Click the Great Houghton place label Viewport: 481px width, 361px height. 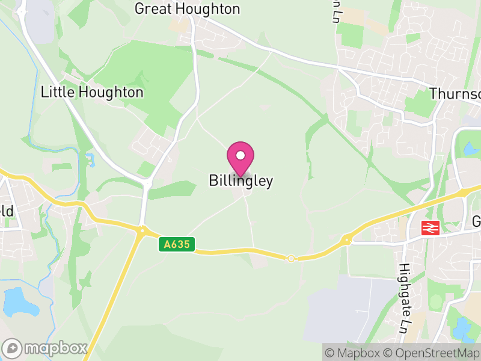pyautogui.click(x=187, y=9)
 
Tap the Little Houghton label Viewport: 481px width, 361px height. pyautogui.click(x=92, y=92)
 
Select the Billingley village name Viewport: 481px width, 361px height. pyautogui.click(x=241, y=180)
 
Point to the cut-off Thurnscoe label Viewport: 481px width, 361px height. pyautogui.click(x=455, y=94)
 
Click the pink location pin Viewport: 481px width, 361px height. pyautogui.click(x=240, y=157)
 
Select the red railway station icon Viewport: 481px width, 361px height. pyautogui.click(x=430, y=228)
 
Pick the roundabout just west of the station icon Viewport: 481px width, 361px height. pyautogui.click(x=346, y=241)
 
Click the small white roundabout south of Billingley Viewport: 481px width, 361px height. pyautogui.click(x=291, y=258)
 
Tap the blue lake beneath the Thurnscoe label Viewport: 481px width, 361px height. pyautogui.click(x=470, y=147)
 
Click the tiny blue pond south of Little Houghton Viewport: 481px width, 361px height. pyautogui.click(x=91, y=161)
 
